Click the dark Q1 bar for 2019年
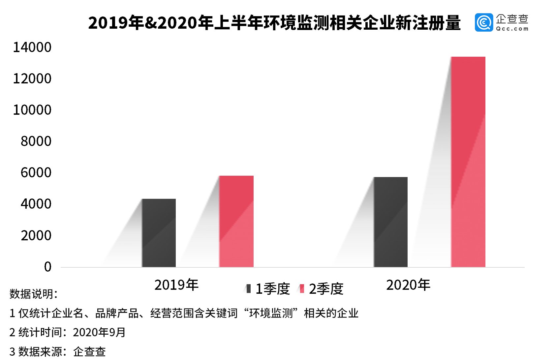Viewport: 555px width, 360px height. pyautogui.click(x=159, y=233)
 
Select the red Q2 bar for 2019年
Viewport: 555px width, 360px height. pyautogui.click(x=236, y=221)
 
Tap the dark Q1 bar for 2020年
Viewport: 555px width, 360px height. pyautogui.click(x=390, y=222)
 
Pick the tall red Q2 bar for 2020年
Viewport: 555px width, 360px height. pyautogui.click(x=468, y=162)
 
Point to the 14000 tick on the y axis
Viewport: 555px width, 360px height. pyautogui.click(x=32, y=47)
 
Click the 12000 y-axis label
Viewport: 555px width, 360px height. pyautogui.click(x=32, y=79)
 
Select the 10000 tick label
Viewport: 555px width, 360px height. pyautogui.click(x=32, y=110)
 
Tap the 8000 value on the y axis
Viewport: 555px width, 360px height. pyautogui.click(x=36, y=141)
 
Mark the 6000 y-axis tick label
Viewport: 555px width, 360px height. pyautogui.click(x=36, y=173)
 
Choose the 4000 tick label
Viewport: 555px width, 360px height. pyautogui.click(x=36, y=204)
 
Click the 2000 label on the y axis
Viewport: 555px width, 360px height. pyautogui.click(x=36, y=236)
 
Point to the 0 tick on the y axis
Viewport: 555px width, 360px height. pyautogui.click(x=48, y=267)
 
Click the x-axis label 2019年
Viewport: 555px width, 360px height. pyautogui.click(x=176, y=285)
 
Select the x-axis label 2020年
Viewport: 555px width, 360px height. pyautogui.click(x=408, y=285)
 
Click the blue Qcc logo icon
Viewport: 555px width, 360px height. pyautogui.click(x=484, y=23)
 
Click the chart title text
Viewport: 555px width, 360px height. pyautogui.click(x=274, y=23)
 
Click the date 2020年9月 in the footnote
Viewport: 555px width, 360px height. pyautogui.click(x=99, y=332)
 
